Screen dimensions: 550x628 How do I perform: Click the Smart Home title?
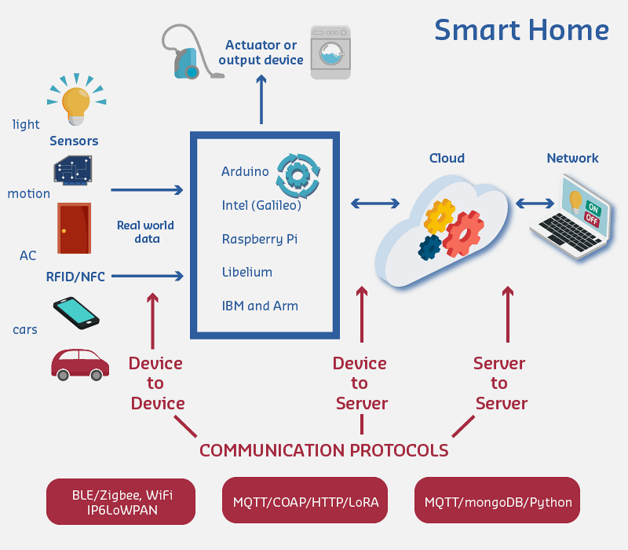click(x=521, y=30)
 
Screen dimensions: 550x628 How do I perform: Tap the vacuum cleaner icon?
click(x=188, y=53)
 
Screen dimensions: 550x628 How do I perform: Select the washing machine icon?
click(x=330, y=51)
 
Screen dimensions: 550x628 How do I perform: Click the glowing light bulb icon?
click(x=76, y=103)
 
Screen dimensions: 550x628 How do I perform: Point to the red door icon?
click(x=74, y=228)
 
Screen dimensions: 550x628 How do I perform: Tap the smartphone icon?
click(x=76, y=312)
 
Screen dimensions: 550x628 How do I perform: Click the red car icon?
click(x=80, y=363)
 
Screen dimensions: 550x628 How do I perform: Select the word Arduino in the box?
click(x=245, y=172)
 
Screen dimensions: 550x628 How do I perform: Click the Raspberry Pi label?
click(x=259, y=239)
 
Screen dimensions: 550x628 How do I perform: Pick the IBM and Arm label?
click(x=260, y=306)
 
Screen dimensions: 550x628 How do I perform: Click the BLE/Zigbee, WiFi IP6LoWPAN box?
click(x=122, y=500)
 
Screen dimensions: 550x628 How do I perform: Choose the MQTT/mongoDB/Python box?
click(x=498, y=500)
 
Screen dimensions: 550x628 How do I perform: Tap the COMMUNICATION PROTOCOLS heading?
click(x=323, y=451)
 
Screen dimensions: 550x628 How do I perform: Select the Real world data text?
click(x=145, y=232)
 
